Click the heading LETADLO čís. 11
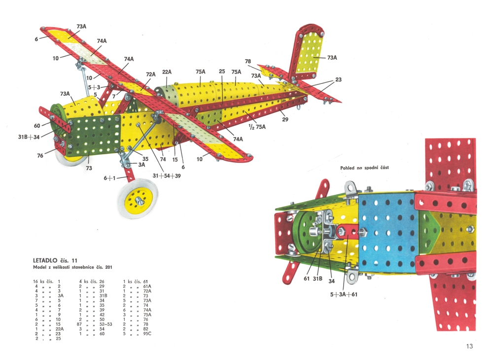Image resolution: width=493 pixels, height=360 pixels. [55, 260]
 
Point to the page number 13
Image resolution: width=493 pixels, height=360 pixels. [469, 346]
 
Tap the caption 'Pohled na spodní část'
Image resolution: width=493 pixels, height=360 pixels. [364, 168]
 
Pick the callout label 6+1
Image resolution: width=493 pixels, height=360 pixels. [109, 179]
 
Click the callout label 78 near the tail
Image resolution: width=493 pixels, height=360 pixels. [248, 62]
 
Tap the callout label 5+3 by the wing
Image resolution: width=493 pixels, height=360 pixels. [95, 87]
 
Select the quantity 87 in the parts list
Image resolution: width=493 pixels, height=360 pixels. [81, 324]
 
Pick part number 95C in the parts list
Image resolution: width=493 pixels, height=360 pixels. [146, 333]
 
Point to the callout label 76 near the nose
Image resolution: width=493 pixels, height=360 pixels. [40, 156]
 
